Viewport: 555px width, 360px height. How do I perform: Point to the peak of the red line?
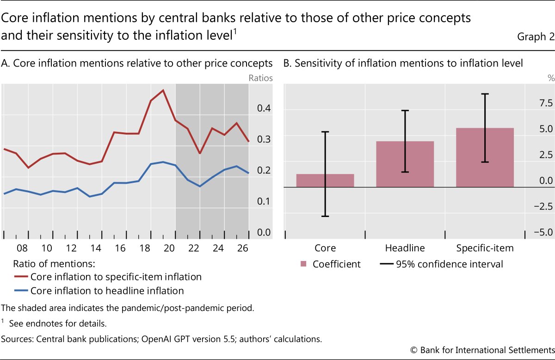coord(163,90)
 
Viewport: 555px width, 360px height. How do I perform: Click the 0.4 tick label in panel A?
coord(264,108)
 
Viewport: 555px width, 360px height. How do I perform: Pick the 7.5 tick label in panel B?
coord(546,103)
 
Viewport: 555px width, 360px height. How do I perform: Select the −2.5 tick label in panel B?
coord(543,206)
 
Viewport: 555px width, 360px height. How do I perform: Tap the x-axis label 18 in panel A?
coord(145,248)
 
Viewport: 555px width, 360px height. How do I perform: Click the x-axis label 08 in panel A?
coord(22,248)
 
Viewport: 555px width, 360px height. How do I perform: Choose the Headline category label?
coord(405,248)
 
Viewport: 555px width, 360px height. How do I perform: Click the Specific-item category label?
coord(485,248)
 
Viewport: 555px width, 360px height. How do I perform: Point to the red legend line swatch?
coord(21,276)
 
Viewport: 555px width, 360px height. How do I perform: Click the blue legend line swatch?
coord(21,290)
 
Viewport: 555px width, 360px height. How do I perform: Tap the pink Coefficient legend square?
coord(303,264)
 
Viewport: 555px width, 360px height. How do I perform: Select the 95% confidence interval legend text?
coord(450,264)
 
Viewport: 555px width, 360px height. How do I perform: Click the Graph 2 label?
coord(536,37)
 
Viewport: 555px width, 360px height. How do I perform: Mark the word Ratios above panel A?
coord(260,78)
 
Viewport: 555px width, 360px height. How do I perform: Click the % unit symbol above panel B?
coord(551,78)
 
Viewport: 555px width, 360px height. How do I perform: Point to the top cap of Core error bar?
coord(325,132)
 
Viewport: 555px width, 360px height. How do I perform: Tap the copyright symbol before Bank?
coord(414,350)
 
